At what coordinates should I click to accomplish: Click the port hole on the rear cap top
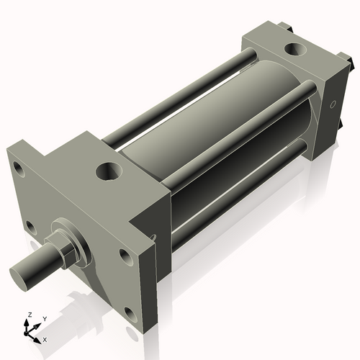[x=295, y=50]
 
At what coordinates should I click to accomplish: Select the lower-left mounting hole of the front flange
[x=30, y=227]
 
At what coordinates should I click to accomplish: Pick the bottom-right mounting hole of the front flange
[x=130, y=313]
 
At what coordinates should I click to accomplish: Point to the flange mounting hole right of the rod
[x=126, y=256]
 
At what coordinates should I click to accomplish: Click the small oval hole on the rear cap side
[x=333, y=106]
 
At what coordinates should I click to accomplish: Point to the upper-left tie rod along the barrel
[x=180, y=94]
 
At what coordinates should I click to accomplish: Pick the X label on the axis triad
[x=45, y=338]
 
